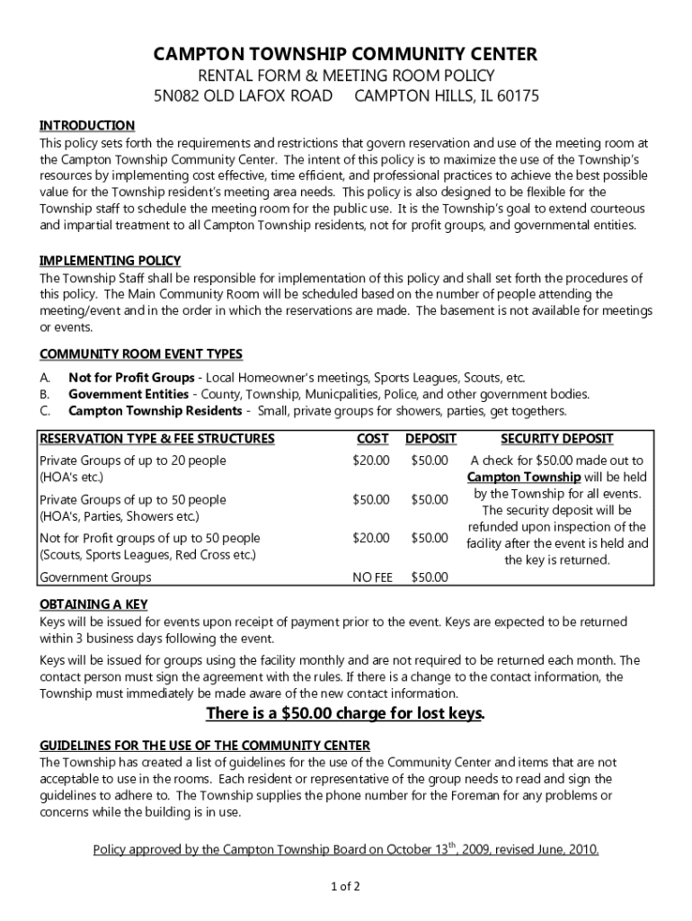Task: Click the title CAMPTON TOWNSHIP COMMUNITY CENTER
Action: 345,55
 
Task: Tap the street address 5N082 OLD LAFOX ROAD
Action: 241,96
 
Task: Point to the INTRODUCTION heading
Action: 86,125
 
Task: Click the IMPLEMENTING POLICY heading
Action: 110,261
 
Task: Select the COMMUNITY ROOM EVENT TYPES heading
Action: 140,353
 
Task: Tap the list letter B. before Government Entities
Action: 44,394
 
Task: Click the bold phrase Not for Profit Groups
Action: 131,377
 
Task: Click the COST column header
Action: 372,439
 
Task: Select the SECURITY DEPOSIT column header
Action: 556,439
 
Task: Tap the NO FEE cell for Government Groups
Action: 372,577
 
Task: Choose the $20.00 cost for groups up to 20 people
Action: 371,460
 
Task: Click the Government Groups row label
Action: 95,577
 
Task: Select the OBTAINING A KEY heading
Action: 93,604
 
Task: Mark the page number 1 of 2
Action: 345,887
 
